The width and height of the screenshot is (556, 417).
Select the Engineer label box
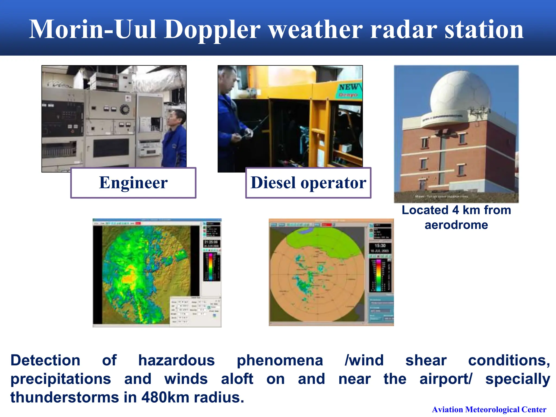pos(133,183)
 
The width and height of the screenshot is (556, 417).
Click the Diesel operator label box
pos(308,183)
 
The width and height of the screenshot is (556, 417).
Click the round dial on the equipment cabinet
pos(125,109)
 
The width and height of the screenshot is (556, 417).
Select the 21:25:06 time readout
pos(211,242)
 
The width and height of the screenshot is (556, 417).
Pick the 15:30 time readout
pos(380,245)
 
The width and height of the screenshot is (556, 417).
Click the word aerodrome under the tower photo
pos(456,225)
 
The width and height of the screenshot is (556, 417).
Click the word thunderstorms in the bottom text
pos(65,397)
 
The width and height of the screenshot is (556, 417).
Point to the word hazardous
pos(176,361)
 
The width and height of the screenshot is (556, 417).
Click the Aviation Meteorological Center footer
pos(489,409)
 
